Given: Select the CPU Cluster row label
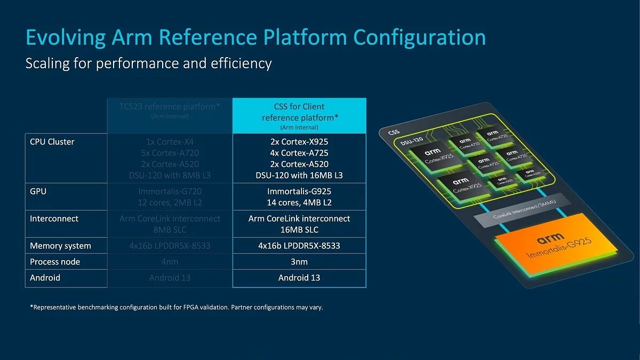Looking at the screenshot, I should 52,142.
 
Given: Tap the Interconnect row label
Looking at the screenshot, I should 54,219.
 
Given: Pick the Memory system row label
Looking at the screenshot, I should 60,246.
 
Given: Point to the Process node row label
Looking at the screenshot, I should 55,262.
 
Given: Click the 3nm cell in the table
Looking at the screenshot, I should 299,262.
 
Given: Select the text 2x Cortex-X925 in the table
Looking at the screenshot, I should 299,142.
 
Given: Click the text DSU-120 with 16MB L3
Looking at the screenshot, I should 299,175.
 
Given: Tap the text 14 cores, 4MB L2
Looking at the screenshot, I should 299,203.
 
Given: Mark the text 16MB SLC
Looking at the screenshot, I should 299,229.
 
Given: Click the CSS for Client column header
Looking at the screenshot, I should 299,112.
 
